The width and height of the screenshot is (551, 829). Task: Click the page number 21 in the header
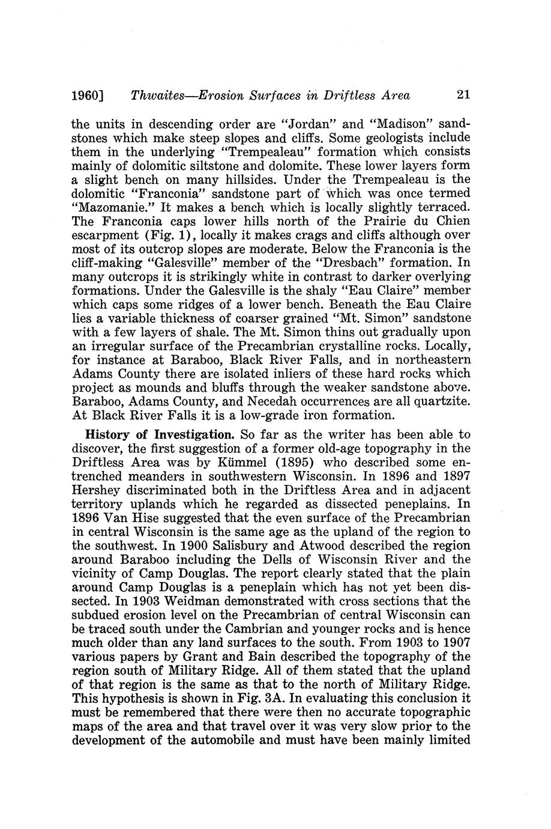pyautogui.click(x=463, y=95)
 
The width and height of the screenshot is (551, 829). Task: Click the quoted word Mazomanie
pyautogui.click(x=106, y=207)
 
